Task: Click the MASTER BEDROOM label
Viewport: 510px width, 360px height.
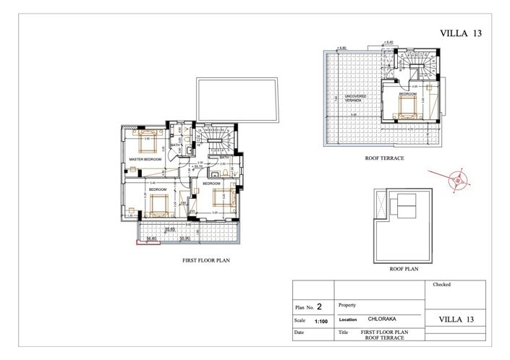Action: [x=145, y=158]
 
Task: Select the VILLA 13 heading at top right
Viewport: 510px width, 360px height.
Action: [x=461, y=33]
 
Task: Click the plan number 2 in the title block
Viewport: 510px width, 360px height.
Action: [x=318, y=306]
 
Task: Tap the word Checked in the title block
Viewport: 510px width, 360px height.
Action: [x=441, y=285]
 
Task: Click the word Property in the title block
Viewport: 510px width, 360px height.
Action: [x=348, y=305]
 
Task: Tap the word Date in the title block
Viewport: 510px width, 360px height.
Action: [x=300, y=334]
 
